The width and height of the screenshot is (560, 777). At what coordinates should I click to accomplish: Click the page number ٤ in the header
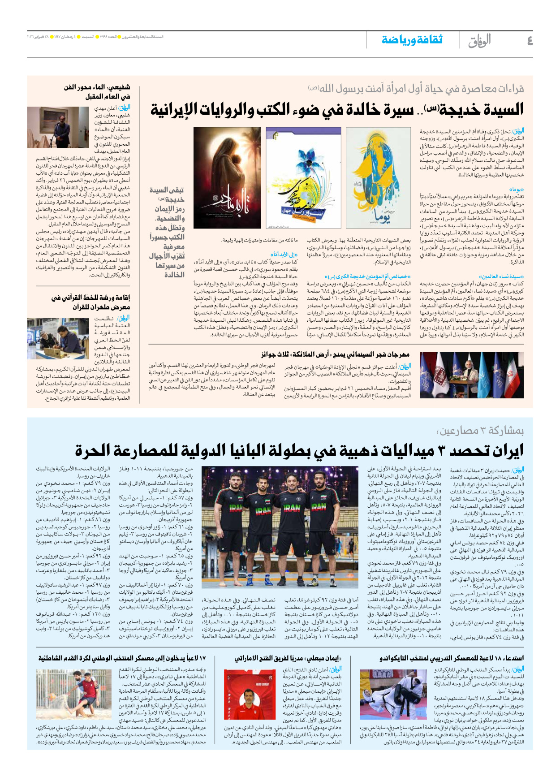coord(530,41)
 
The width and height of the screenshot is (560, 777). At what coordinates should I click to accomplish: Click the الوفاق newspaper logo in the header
coord(479,41)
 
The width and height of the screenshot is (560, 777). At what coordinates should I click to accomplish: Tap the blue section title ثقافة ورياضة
coord(412,40)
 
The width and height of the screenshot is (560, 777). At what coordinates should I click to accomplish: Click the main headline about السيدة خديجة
coord(337,109)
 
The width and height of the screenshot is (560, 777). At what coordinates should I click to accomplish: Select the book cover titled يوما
coord(378,178)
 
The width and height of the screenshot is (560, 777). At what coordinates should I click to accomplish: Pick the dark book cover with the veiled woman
coord(227,178)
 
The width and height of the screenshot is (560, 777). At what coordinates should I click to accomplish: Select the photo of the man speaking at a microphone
coord(58,127)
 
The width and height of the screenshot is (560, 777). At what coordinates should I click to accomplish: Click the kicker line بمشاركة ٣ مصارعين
coord(480,431)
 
